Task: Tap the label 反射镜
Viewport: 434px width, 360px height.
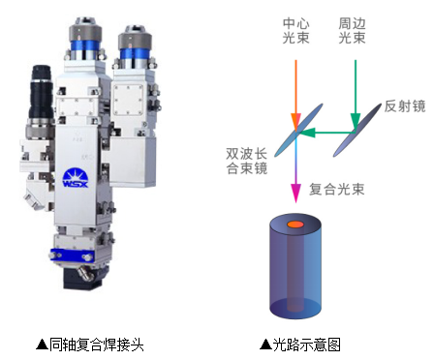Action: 404,106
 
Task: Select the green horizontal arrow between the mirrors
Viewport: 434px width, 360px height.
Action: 320,133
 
